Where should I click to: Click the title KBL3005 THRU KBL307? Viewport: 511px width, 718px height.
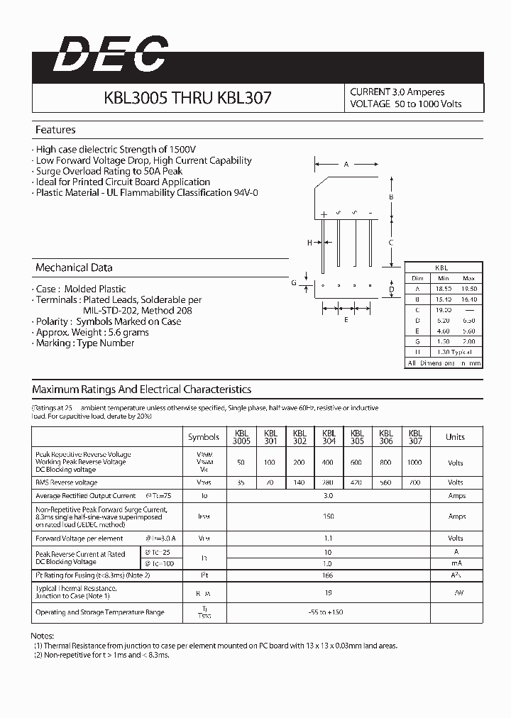coord(187,99)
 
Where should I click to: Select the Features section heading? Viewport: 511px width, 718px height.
coord(55,130)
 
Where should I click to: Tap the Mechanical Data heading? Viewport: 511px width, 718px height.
coord(74,267)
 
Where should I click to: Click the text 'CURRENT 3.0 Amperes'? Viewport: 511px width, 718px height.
coord(397,92)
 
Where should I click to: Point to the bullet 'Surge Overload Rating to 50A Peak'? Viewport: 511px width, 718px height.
coord(109,171)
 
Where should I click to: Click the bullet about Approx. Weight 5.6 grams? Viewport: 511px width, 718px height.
coord(92,332)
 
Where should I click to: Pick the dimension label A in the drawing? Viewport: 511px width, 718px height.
coord(346,164)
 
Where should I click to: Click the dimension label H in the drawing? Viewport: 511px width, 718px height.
coord(309,243)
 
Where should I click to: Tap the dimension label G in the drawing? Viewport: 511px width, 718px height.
coord(293,282)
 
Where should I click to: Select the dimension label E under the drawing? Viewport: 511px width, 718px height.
coord(346,319)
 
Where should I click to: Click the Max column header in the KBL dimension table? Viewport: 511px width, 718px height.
coord(468,278)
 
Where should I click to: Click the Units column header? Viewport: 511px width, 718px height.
coord(455,437)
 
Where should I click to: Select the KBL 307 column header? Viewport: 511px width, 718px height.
coord(415,436)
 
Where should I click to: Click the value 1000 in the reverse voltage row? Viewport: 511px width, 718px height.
coord(415,462)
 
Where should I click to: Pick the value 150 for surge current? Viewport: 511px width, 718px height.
coord(329,517)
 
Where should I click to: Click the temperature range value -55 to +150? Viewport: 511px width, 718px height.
coord(329,612)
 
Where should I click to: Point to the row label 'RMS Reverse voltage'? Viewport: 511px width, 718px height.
coord(67,482)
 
